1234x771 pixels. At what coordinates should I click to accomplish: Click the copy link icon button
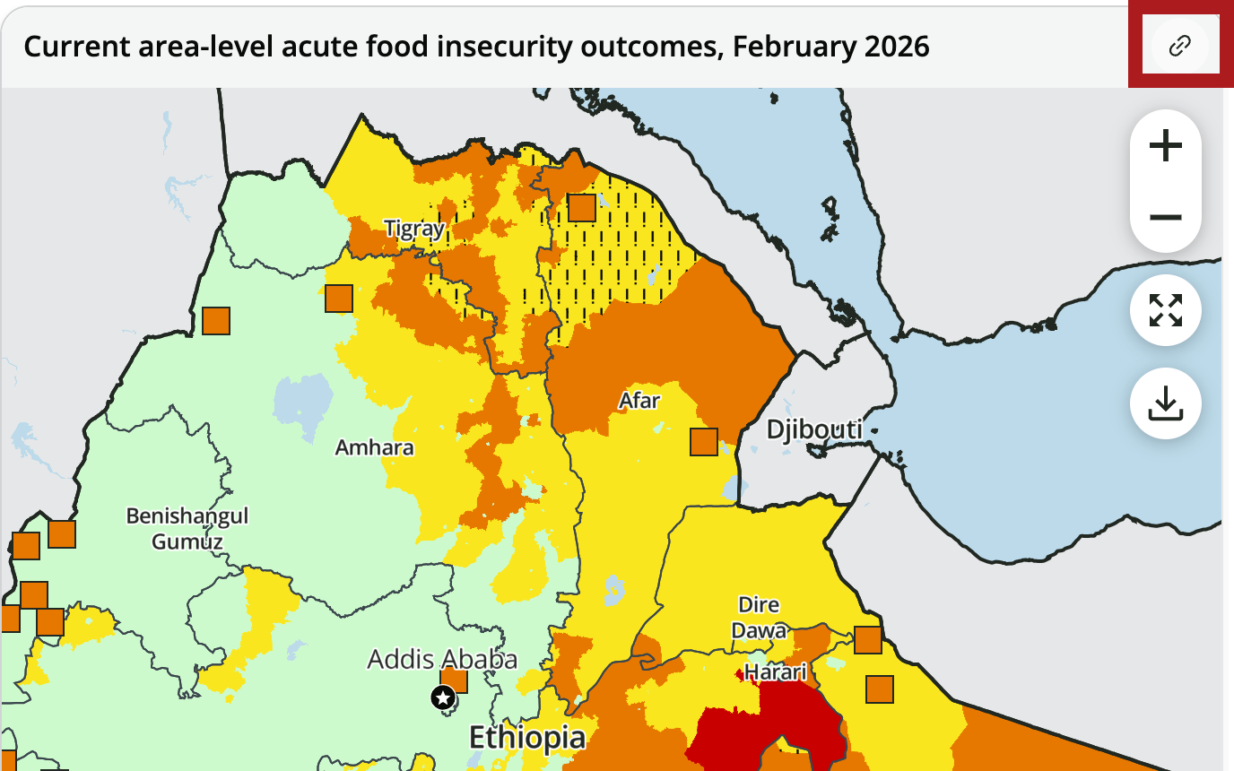[1179, 46]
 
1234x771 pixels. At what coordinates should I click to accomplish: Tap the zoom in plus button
[1165, 145]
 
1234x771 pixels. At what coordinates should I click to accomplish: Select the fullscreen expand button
[1165, 310]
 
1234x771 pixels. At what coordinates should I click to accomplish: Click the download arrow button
[1165, 403]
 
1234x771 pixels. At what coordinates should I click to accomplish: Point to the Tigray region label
[414, 229]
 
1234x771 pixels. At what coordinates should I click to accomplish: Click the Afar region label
[639, 400]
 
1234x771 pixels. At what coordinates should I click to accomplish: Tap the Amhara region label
[374, 446]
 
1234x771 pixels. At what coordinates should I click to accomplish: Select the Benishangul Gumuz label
[187, 528]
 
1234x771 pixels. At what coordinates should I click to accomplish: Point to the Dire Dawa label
[759, 617]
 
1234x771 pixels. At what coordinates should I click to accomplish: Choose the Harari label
[776, 671]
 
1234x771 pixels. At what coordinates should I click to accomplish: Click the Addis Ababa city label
[442, 660]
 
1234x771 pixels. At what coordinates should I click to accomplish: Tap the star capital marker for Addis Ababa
[443, 697]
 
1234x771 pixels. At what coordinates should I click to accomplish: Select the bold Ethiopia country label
[527, 737]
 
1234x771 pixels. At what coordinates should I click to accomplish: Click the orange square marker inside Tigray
[582, 208]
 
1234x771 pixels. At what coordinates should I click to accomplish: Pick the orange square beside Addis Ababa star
[455, 681]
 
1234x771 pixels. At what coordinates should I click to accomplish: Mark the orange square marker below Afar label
[703, 442]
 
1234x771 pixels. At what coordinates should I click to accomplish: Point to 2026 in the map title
[897, 46]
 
